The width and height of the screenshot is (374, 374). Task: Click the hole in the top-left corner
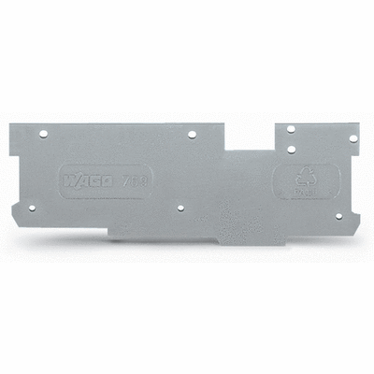click(x=43, y=135)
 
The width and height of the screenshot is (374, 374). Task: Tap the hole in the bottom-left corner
click(x=32, y=208)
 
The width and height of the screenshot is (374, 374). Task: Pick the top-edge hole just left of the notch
click(x=192, y=135)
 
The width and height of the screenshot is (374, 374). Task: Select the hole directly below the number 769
click(x=180, y=209)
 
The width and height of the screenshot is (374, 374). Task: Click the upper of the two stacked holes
click(x=291, y=129)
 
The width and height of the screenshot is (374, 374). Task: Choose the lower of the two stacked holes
click(x=291, y=148)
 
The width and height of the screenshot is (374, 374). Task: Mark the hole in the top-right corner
click(x=352, y=137)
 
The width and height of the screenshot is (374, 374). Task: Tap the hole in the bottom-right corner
click(x=338, y=216)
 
